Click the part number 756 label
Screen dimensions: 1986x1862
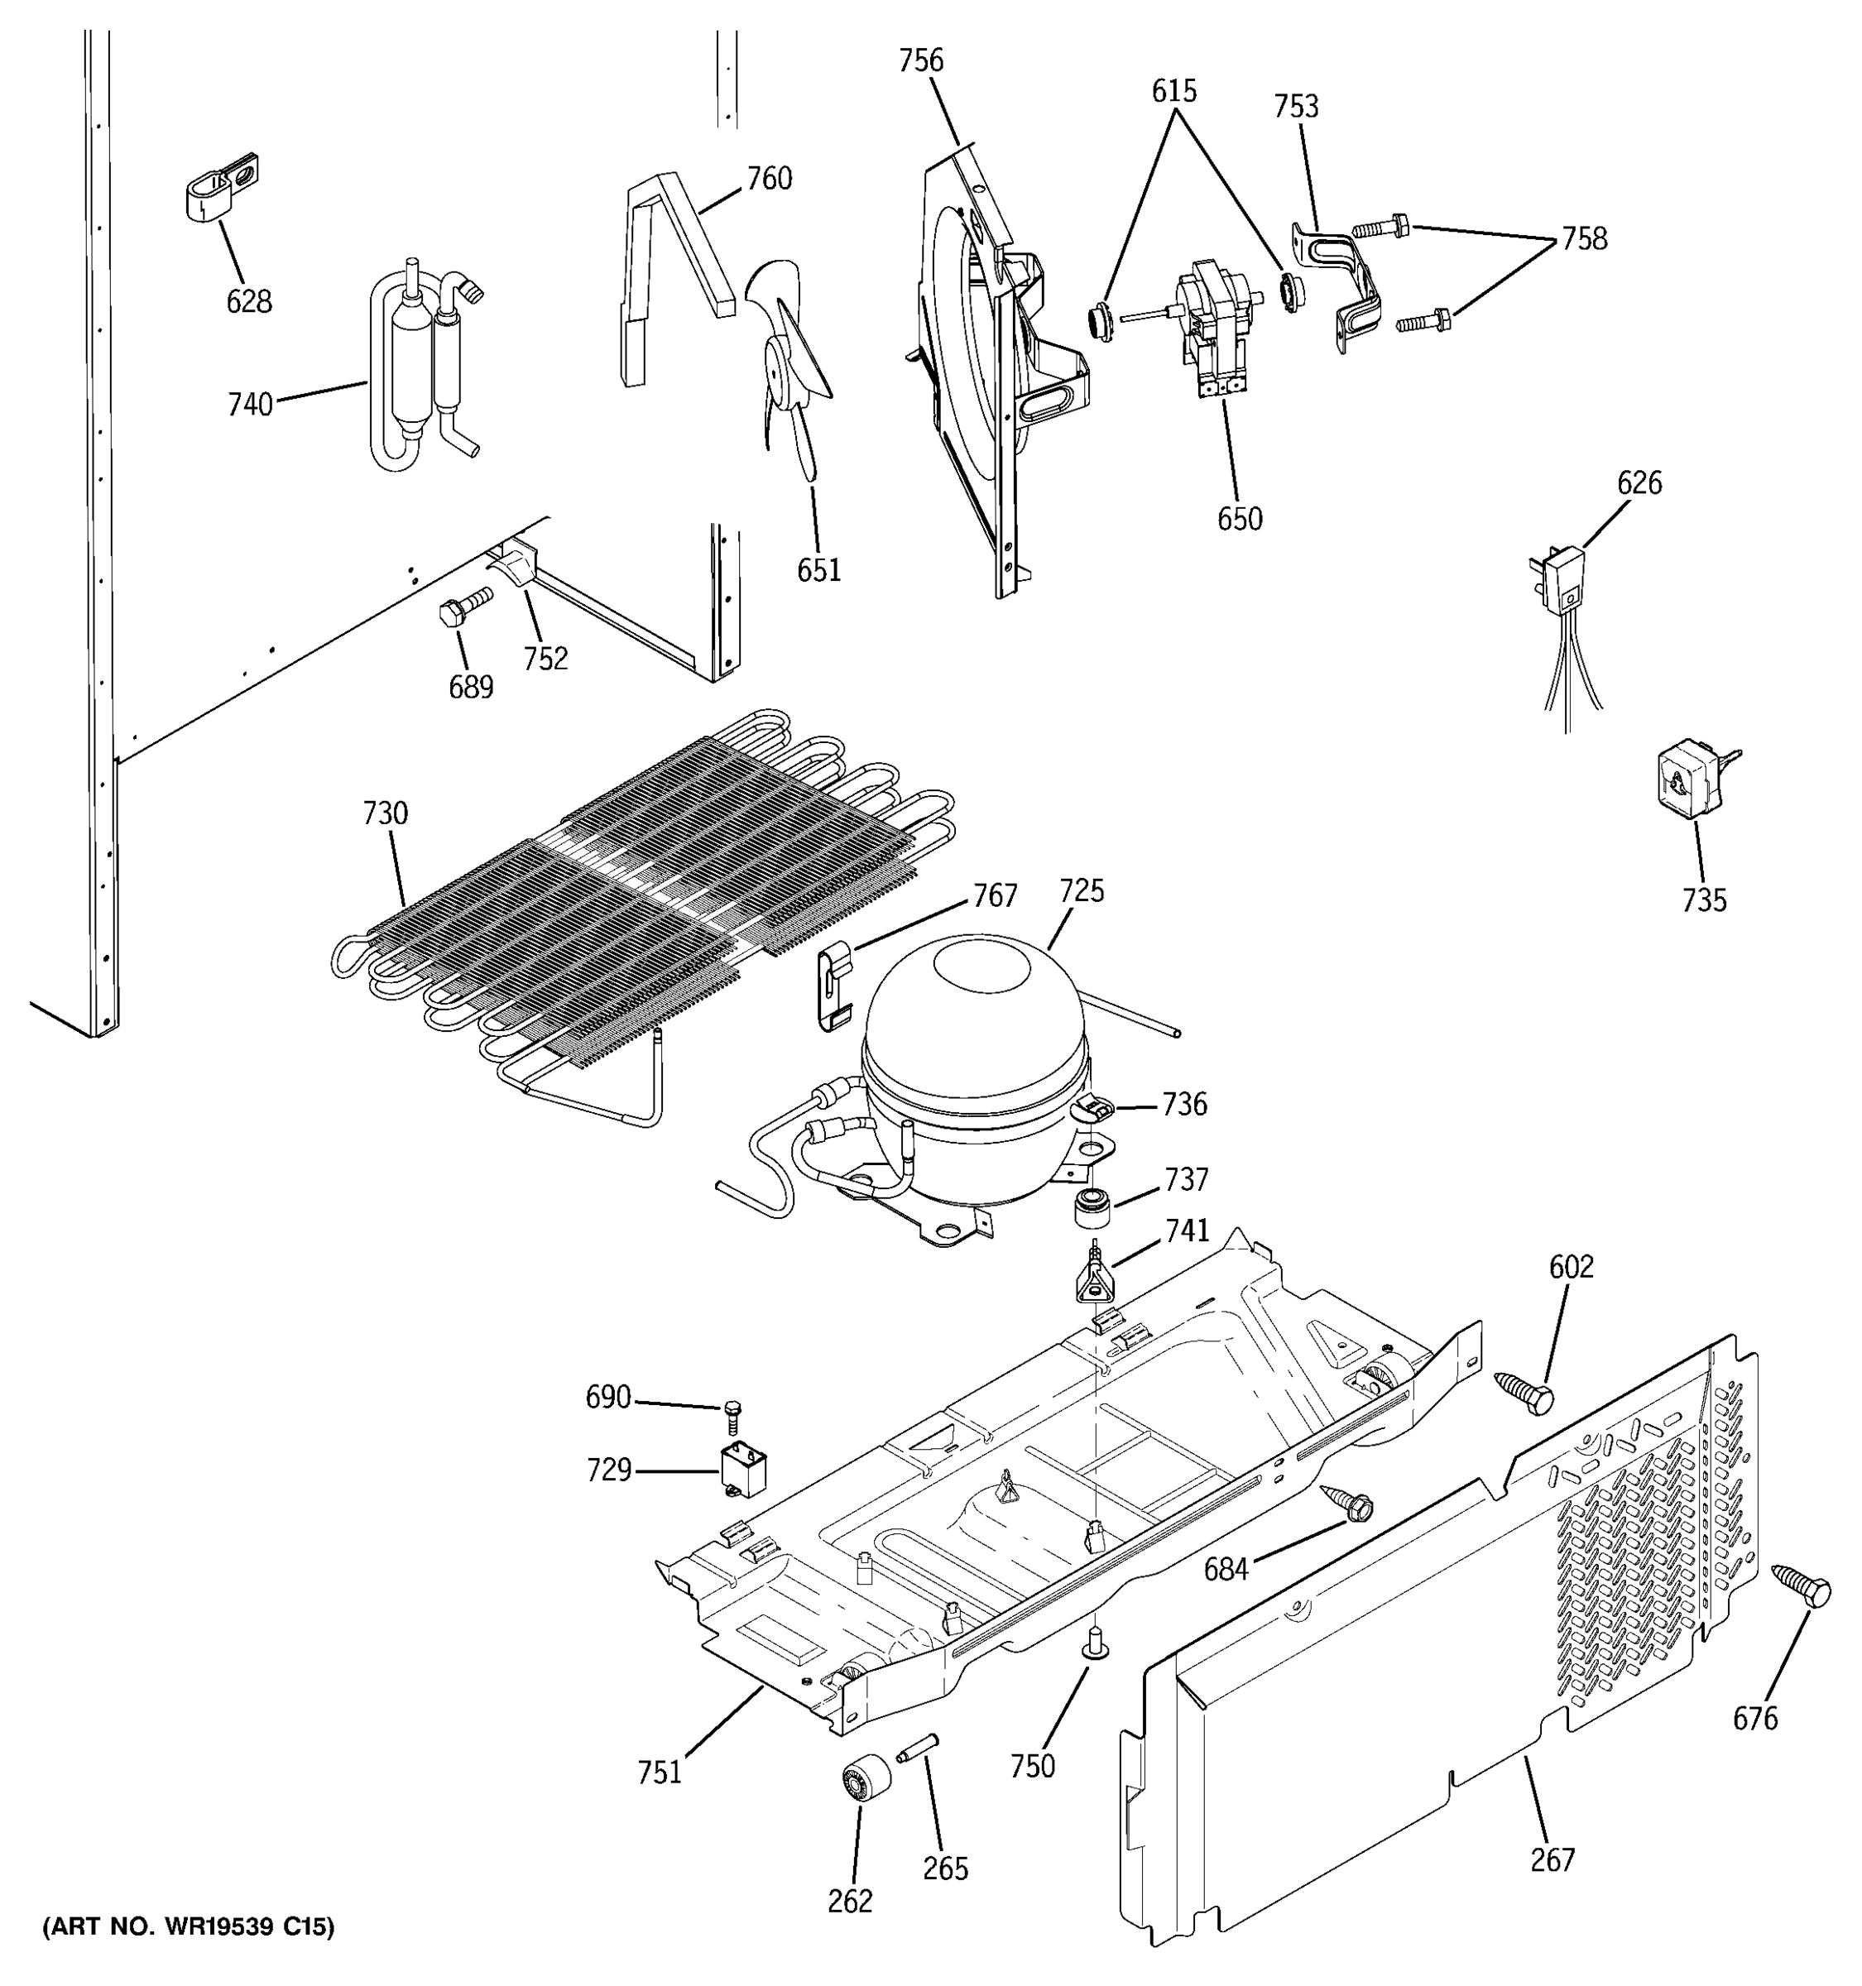920,61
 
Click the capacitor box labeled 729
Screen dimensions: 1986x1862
743,1475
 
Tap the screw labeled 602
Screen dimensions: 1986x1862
1525,1392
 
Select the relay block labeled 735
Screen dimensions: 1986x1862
1688,780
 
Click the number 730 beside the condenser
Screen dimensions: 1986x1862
386,814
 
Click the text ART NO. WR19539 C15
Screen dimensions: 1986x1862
188,1927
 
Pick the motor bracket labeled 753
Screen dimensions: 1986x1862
1341,280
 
